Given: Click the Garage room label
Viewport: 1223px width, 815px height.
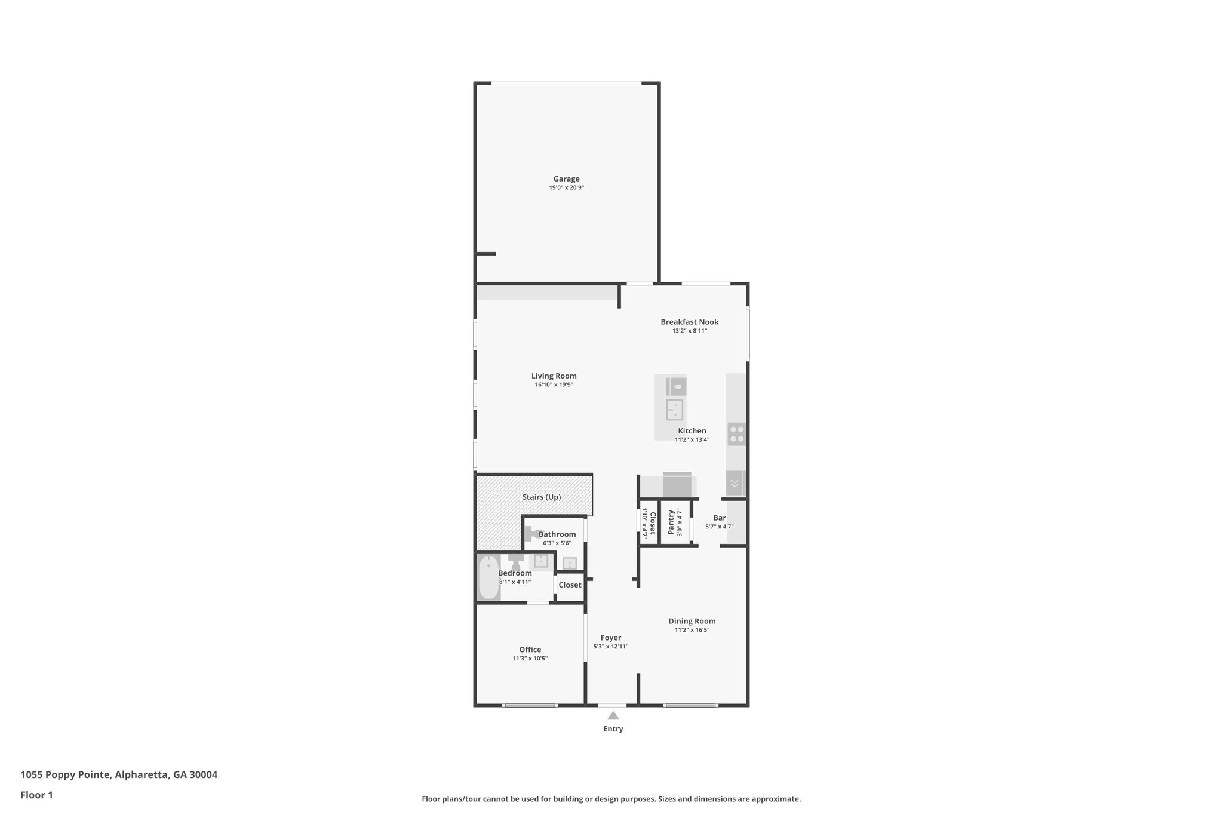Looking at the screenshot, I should click(566, 179).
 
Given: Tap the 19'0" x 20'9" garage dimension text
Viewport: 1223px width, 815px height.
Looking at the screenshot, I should click(566, 187).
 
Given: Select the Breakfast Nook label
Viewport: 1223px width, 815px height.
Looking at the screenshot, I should click(689, 322).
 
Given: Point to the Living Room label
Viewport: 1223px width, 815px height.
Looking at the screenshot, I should click(554, 376).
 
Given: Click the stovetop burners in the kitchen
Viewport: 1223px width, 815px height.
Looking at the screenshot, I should click(736, 433).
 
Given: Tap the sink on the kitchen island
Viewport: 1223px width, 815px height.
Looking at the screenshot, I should click(675, 410).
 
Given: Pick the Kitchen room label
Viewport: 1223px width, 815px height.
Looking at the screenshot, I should click(692, 431).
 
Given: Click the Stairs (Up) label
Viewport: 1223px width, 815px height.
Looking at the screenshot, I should click(541, 497).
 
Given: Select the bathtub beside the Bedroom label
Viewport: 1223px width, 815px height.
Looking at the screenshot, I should click(488, 577).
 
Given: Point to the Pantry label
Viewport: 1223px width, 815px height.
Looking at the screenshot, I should click(671, 522).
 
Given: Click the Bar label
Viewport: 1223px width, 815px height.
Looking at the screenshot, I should click(719, 518).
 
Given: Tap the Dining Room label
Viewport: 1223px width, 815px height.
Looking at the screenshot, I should click(692, 621).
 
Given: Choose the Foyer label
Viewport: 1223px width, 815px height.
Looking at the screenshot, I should click(610, 638).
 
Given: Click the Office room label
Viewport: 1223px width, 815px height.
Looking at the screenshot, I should click(530, 650).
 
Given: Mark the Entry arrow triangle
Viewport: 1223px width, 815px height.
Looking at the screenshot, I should click(613, 715).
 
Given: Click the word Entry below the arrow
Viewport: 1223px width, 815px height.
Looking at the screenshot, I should click(613, 728).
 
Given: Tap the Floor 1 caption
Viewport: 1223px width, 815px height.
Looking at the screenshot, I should click(36, 795).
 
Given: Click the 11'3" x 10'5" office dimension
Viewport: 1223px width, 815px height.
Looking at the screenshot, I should click(530, 659).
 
